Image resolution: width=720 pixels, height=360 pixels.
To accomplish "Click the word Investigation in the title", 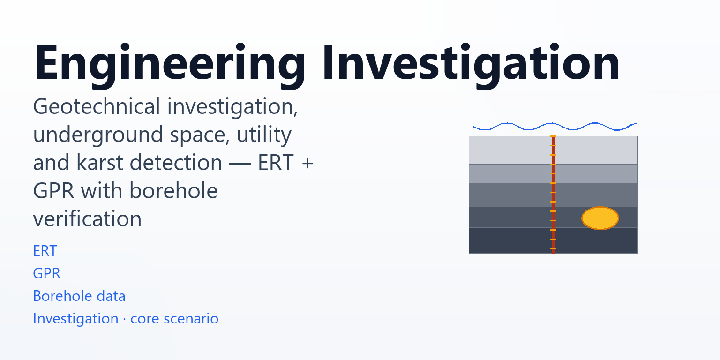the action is pyautogui.click(x=471, y=62).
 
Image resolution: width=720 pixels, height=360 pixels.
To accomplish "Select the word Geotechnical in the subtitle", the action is pyautogui.click(x=97, y=106).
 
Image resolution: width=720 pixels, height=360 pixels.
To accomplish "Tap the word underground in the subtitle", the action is pyautogui.click(x=97, y=135).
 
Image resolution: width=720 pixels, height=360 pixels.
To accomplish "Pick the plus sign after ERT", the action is pyautogui.click(x=307, y=163).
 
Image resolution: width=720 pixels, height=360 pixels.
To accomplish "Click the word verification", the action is pyautogui.click(x=87, y=219).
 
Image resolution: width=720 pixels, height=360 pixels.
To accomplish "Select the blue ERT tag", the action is pyautogui.click(x=45, y=251).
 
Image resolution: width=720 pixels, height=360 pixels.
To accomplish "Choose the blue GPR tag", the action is pyautogui.click(x=46, y=274).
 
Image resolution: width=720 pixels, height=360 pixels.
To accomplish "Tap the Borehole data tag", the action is pyautogui.click(x=79, y=296).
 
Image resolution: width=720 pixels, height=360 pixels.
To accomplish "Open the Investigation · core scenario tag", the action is pyautogui.click(x=126, y=319).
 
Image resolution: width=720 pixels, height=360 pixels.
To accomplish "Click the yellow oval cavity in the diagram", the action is pyautogui.click(x=600, y=218).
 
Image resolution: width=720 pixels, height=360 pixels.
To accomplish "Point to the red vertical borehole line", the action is pyautogui.click(x=554, y=195).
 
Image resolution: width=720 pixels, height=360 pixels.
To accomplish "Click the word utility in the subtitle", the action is pyautogui.click(x=264, y=135).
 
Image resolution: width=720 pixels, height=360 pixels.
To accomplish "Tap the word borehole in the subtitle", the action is pyautogui.click(x=173, y=191).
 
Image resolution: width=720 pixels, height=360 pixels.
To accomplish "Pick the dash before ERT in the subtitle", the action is pyautogui.click(x=240, y=164).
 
